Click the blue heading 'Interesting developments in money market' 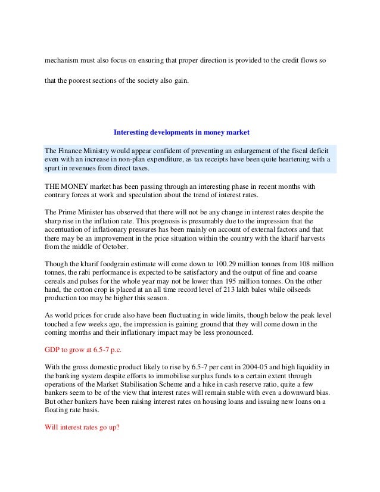pos(182,132)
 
